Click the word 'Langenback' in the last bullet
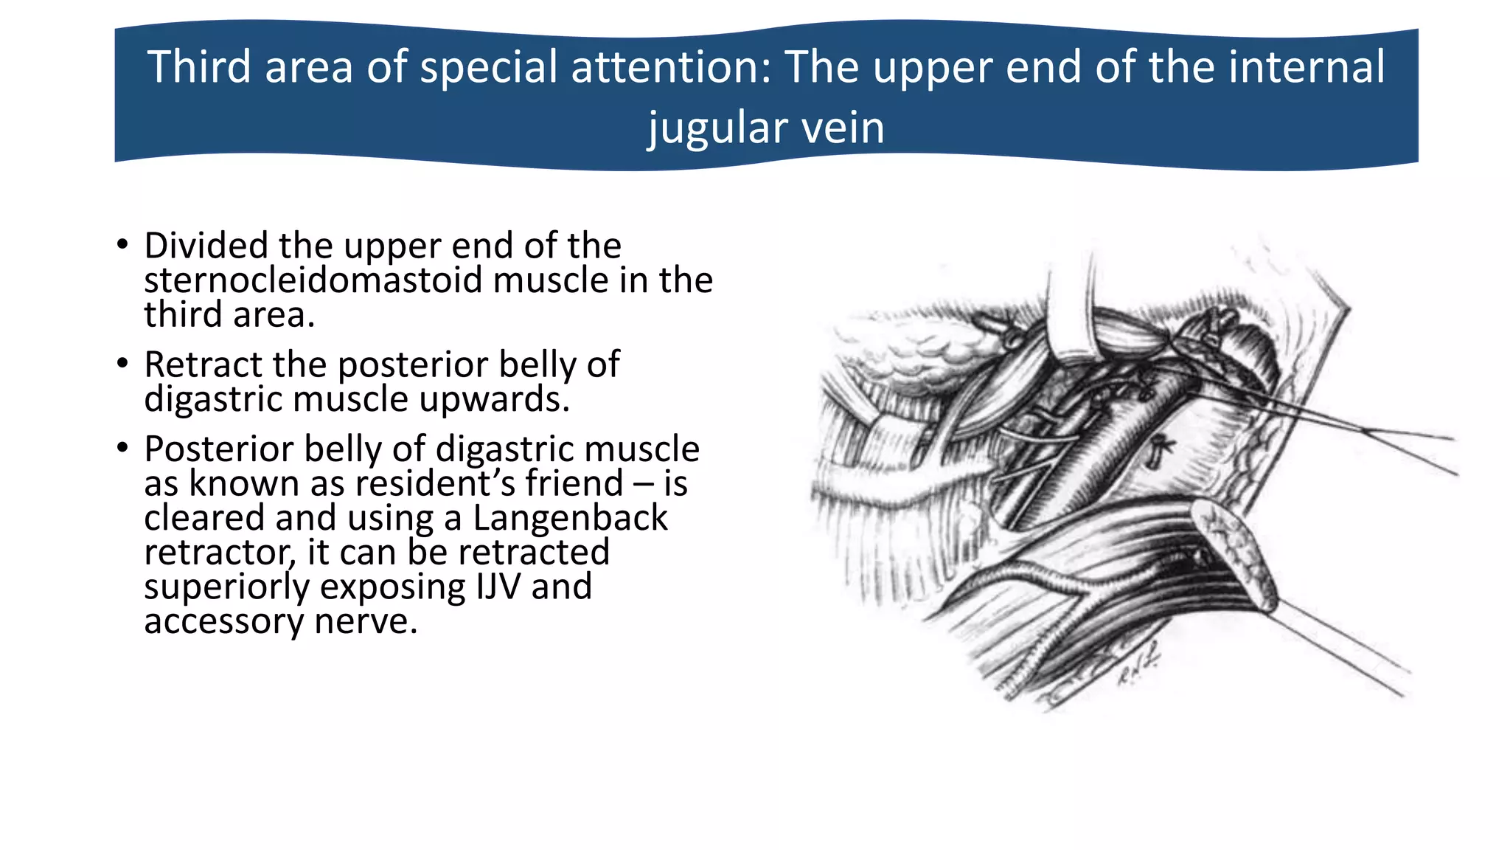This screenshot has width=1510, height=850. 570,518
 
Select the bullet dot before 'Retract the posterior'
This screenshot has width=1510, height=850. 122,364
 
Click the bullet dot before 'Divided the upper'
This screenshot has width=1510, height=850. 122,245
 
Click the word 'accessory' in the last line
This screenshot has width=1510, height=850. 223,621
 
